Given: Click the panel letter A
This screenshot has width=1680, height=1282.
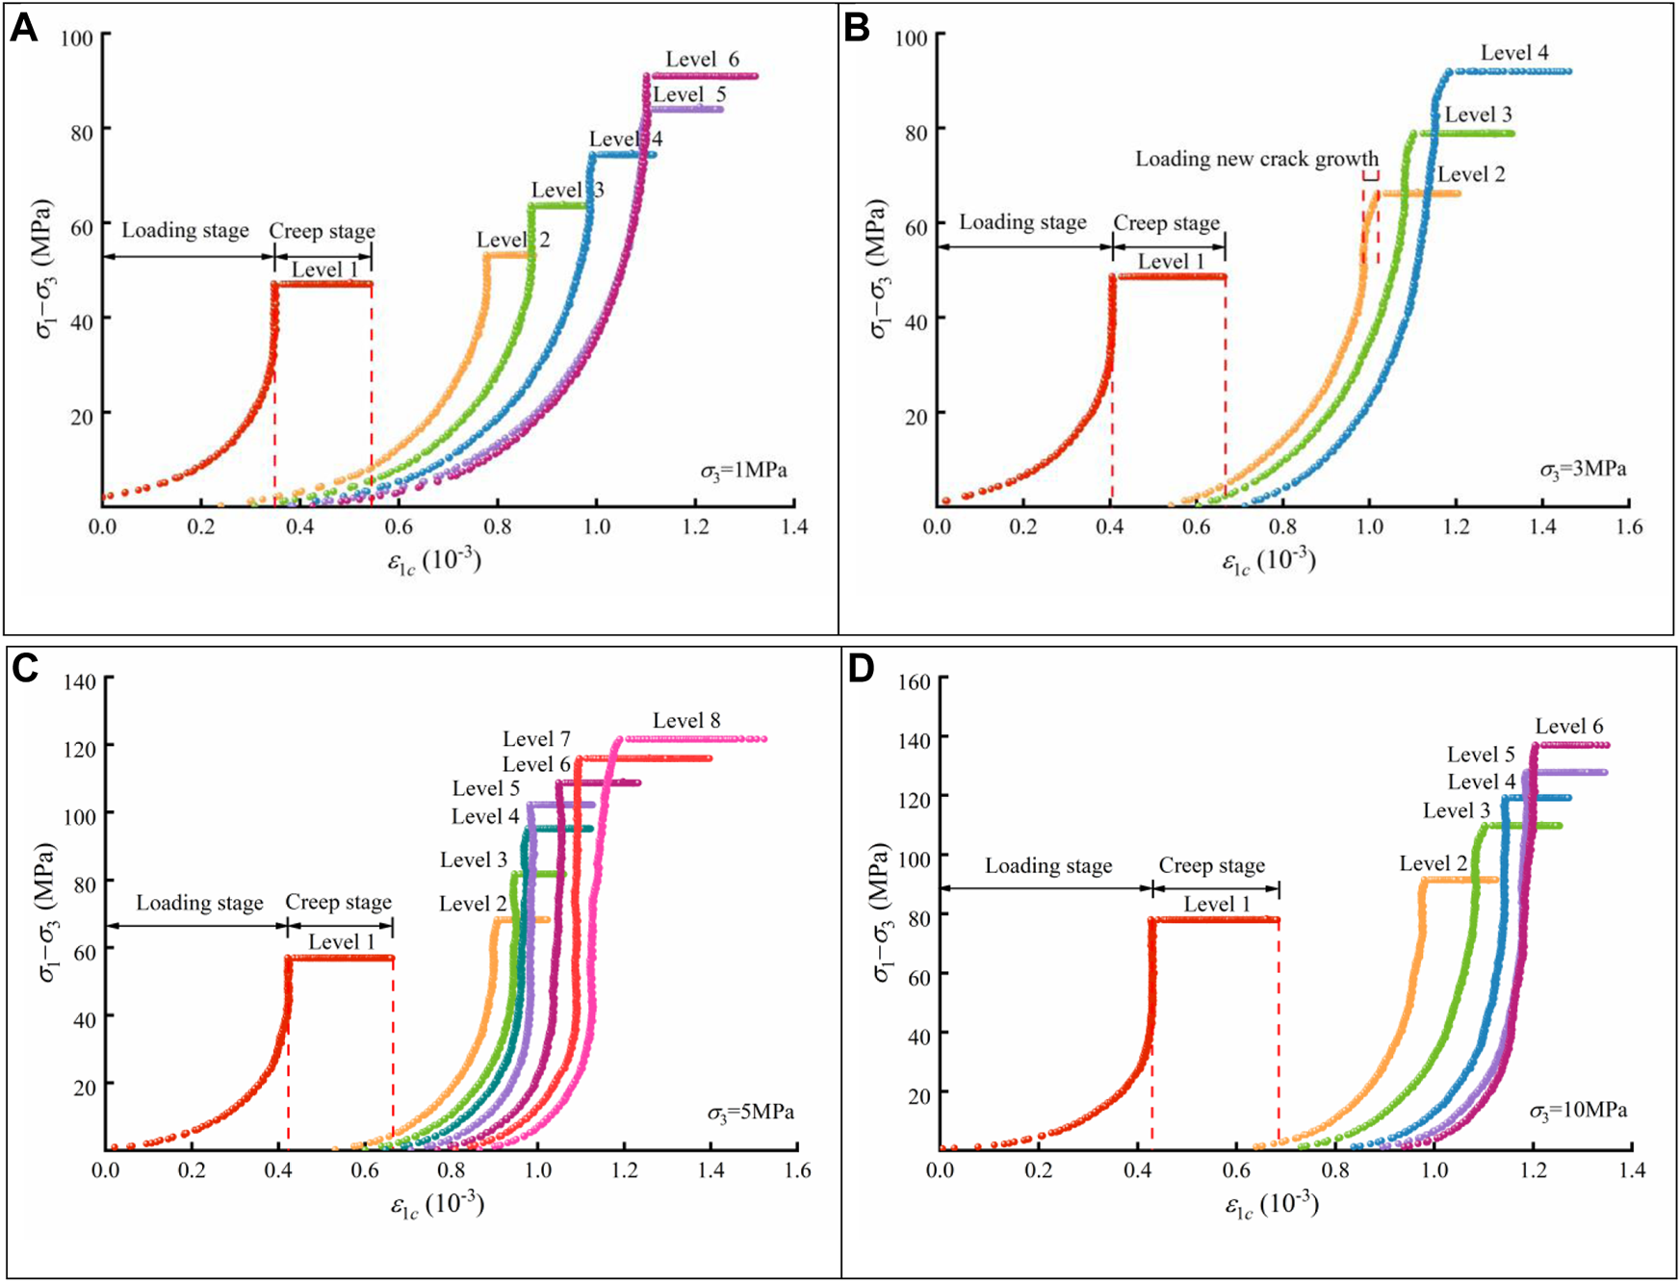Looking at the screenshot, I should click(x=23, y=28).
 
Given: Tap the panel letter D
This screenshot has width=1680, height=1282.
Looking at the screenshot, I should click(x=860, y=668).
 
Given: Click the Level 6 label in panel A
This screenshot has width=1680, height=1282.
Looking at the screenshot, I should click(x=702, y=60).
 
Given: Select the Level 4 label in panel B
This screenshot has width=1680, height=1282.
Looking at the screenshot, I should click(x=1514, y=53).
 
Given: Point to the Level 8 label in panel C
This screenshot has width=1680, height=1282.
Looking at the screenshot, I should click(x=685, y=721).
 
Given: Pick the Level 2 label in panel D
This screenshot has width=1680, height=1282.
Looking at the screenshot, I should click(x=1433, y=864).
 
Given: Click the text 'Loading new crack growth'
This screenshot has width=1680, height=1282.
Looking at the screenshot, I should click(x=1256, y=160).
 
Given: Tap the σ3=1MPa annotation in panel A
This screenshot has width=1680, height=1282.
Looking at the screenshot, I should click(x=743, y=471).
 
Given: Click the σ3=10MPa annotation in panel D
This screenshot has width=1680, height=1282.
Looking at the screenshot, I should click(x=1578, y=1111).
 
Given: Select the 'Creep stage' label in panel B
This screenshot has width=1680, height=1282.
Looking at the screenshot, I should click(x=1166, y=223).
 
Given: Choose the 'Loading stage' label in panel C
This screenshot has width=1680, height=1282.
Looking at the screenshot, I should click(x=199, y=903).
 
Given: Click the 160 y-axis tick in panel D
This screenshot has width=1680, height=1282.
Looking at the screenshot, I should click(x=914, y=681).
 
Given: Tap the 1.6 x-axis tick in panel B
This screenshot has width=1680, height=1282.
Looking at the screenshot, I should click(x=1629, y=526).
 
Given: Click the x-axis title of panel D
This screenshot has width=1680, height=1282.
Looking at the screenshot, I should click(x=1271, y=1205).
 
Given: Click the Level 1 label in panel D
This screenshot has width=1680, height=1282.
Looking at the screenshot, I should click(x=1216, y=905).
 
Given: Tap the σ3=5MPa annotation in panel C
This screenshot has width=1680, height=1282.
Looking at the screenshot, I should click(x=751, y=1113).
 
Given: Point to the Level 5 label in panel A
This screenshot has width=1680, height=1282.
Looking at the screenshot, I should click(x=688, y=94).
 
